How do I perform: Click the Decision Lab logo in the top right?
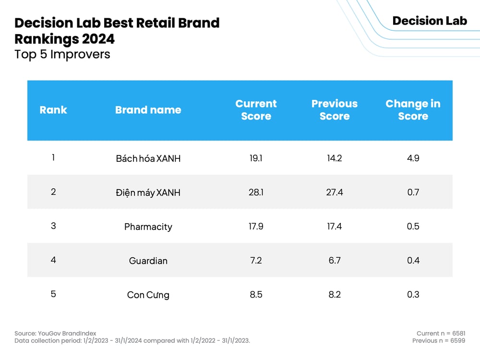pyautogui.click(x=429, y=21)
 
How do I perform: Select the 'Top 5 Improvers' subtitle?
pyautogui.click(x=62, y=54)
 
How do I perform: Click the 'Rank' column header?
pyautogui.click(x=53, y=110)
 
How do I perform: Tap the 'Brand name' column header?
pyautogui.click(x=148, y=110)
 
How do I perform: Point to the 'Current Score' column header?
pyautogui.click(x=256, y=110)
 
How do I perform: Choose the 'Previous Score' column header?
pyautogui.click(x=335, y=110)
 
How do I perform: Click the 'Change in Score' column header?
pyautogui.click(x=413, y=110)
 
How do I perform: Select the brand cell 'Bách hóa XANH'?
pyautogui.click(x=148, y=158)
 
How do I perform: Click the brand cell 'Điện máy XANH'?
pyautogui.click(x=148, y=192)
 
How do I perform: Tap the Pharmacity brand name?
pyautogui.click(x=148, y=227)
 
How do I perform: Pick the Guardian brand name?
pyautogui.click(x=148, y=261)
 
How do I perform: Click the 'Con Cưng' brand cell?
pyautogui.click(x=148, y=295)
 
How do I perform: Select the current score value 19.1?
pyautogui.click(x=256, y=158)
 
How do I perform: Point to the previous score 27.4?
pyautogui.click(x=335, y=192)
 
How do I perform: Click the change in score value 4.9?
pyautogui.click(x=413, y=158)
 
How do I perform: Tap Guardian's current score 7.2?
pyautogui.click(x=256, y=260)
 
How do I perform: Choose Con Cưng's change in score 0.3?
pyautogui.click(x=413, y=294)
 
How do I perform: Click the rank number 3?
pyautogui.click(x=53, y=226)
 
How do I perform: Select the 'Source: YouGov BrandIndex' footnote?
pyautogui.click(x=55, y=334)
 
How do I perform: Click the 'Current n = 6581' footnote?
pyautogui.click(x=441, y=334)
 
